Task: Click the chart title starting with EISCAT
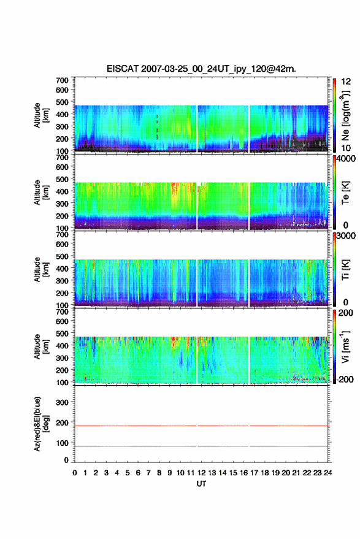pos(201,69)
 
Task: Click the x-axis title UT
pos(201,484)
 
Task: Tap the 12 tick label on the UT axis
pos(201,473)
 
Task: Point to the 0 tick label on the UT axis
pos(75,473)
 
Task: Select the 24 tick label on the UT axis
pos(327,473)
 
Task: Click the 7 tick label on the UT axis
pos(148,473)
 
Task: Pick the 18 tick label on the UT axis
pos(264,473)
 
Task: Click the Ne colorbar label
pos(345,115)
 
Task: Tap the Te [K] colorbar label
pos(345,193)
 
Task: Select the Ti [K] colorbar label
pos(345,270)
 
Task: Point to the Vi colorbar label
pos(345,347)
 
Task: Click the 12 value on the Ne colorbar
pos(346,82)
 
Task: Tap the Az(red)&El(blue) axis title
pos(41,424)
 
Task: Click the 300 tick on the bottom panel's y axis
pos(62,402)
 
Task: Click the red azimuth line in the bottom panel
pos(201,426)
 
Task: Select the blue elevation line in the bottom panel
pos(201,446)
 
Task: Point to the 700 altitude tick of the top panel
pos(62,80)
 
